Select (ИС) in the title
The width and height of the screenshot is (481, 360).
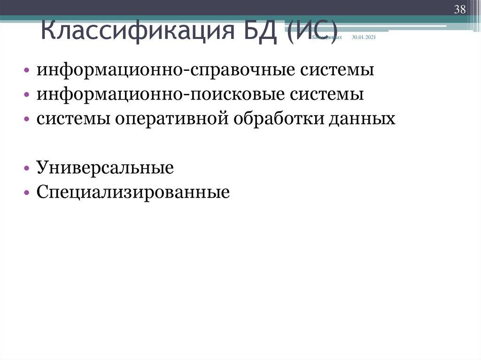[x=310, y=32]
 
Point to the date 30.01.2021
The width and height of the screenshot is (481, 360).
[x=364, y=37]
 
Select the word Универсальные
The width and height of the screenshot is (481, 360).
[x=106, y=168]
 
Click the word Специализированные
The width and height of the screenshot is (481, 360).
[x=133, y=192]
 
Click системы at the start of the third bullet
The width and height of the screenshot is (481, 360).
[x=74, y=119]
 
